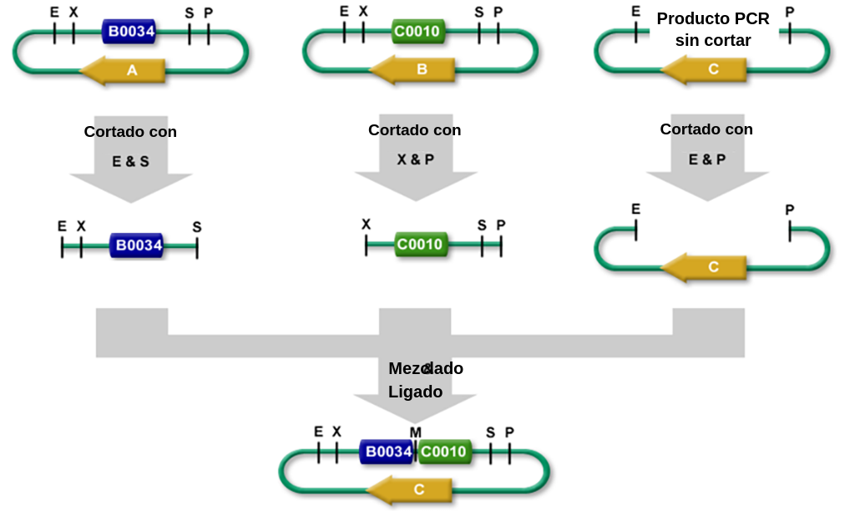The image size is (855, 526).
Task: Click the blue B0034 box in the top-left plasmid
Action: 129,33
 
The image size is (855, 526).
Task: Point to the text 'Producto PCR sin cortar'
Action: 713,29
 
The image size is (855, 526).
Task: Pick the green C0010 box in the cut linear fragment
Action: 421,245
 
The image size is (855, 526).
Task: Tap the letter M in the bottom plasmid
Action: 415,432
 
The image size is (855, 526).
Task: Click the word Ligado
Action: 415,392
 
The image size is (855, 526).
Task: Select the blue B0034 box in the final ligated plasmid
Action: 387,452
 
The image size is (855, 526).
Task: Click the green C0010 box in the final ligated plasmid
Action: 443,452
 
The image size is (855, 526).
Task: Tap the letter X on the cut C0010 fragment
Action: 366,225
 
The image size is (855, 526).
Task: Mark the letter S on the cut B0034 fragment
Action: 197,226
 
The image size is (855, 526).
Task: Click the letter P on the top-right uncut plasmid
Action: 790,12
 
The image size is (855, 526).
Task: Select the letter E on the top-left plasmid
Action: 54,13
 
